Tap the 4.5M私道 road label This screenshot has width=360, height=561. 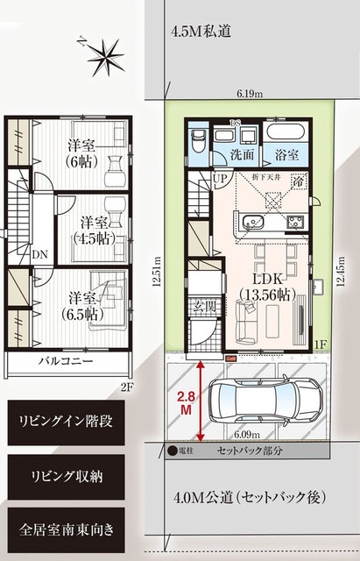tap(201, 32)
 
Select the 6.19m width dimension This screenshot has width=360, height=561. tap(250, 92)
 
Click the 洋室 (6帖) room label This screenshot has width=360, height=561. tap(84, 153)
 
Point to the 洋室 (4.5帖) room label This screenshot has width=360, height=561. tap(90, 230)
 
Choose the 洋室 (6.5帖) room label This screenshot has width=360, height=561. tap(81, 305)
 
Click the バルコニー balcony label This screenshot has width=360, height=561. tap(66, 360)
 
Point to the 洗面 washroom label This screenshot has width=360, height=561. tap(243, 153)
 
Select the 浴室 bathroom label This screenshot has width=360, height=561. tap(286, 153)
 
